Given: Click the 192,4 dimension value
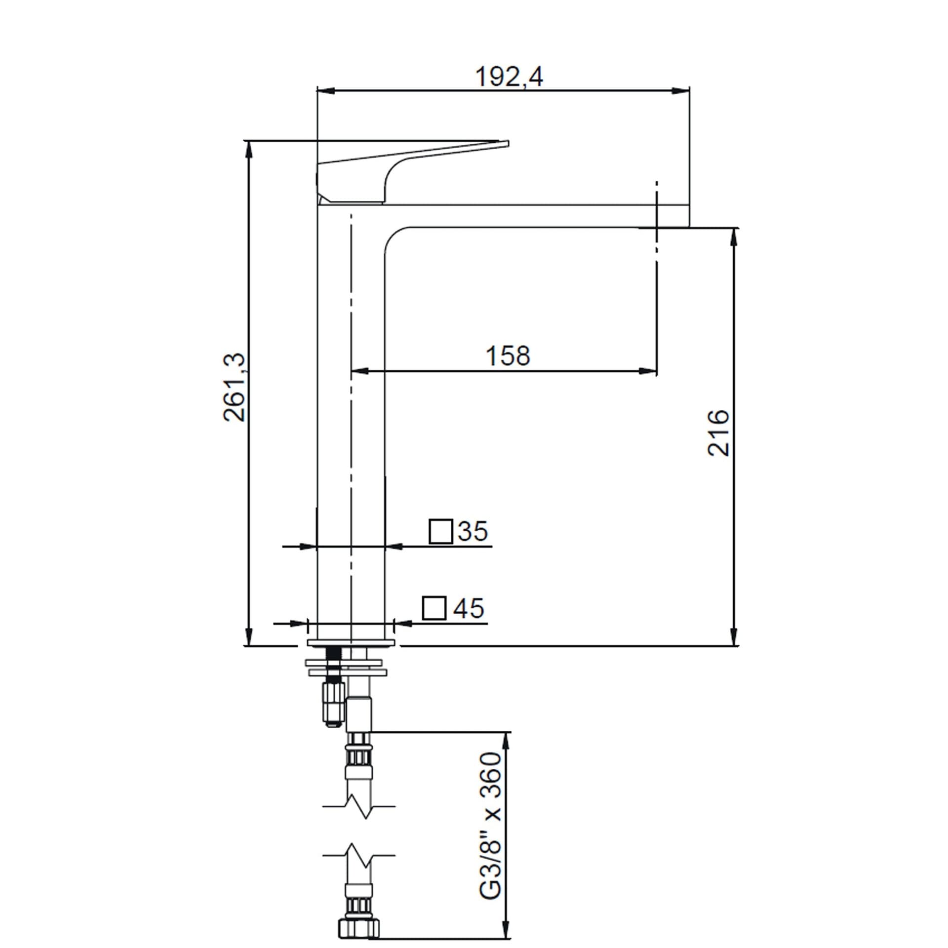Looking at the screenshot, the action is click(509, 77).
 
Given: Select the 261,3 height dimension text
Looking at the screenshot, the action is click(235, 387).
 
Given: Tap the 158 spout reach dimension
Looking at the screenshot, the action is click(508, 356).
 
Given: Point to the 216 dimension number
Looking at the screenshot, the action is click(718, 432).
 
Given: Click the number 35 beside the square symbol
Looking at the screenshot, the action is click(473, 531).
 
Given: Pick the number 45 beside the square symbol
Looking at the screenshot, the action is click(469, 608).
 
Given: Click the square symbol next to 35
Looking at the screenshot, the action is click(441, 531).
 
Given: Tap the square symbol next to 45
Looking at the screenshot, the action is click(434, 608).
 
